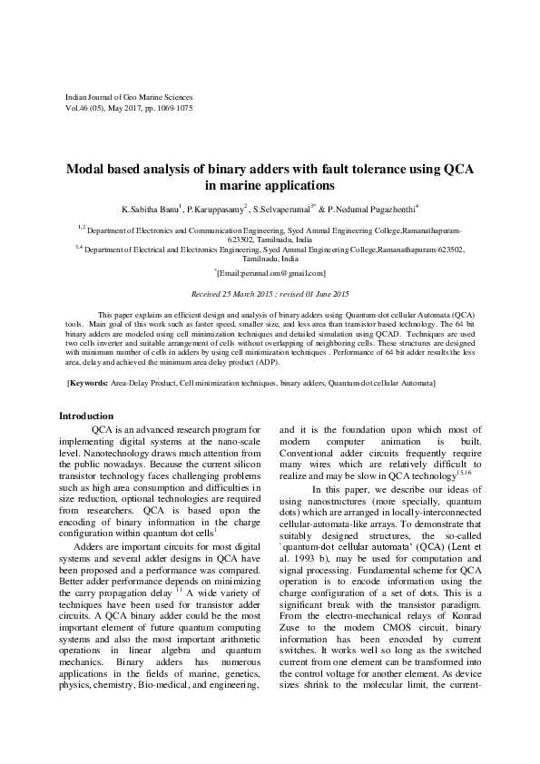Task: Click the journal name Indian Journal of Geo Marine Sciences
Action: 130,96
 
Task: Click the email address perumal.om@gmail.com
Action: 271,273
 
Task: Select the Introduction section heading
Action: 85,416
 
